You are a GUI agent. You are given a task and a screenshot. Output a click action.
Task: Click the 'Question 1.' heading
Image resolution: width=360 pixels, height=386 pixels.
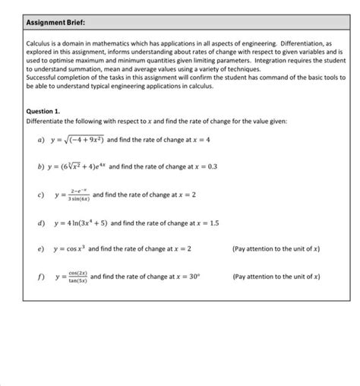[43, 110]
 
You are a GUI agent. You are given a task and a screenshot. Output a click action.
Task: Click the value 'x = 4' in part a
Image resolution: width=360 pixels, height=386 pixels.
[200, 140]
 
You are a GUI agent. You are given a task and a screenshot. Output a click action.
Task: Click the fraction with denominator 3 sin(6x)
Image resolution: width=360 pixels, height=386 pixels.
[78, 195]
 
